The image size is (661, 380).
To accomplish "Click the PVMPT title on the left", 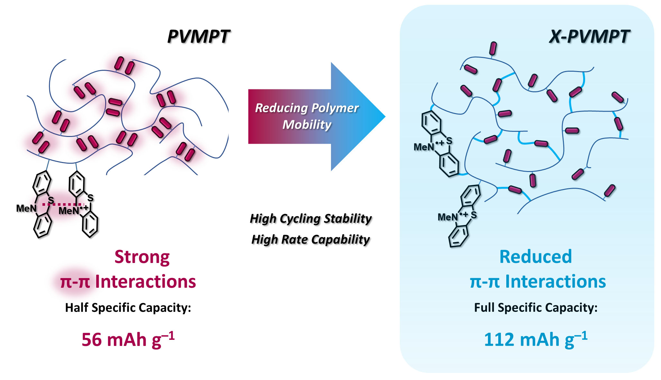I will (198, 36).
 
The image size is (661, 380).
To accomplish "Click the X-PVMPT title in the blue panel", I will (589, 36).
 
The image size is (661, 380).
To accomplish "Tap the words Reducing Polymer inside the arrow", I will (307, 108).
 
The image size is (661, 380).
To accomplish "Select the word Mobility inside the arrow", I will (307, 124).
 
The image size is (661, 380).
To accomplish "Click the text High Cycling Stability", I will (311, 219).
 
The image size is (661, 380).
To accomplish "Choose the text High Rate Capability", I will (311, 240).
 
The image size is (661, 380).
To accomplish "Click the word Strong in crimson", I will (142, 257).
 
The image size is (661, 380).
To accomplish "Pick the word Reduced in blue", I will (536, 257).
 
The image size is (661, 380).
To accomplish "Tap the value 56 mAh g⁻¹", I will (128, 339).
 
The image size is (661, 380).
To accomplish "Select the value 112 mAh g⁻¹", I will (536, 339).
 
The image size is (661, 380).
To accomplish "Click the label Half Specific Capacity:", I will (128, 308).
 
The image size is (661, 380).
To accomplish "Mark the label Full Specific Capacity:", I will (536, 308).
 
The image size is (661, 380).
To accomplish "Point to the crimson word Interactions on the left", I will (145, 282).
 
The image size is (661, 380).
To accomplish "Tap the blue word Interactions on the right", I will (555, 282).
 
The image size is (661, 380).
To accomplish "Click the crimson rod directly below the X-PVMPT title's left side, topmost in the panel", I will (493, 49).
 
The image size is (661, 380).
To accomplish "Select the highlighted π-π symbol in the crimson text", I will (75, 282).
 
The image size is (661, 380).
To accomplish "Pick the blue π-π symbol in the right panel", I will (485, 282).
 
